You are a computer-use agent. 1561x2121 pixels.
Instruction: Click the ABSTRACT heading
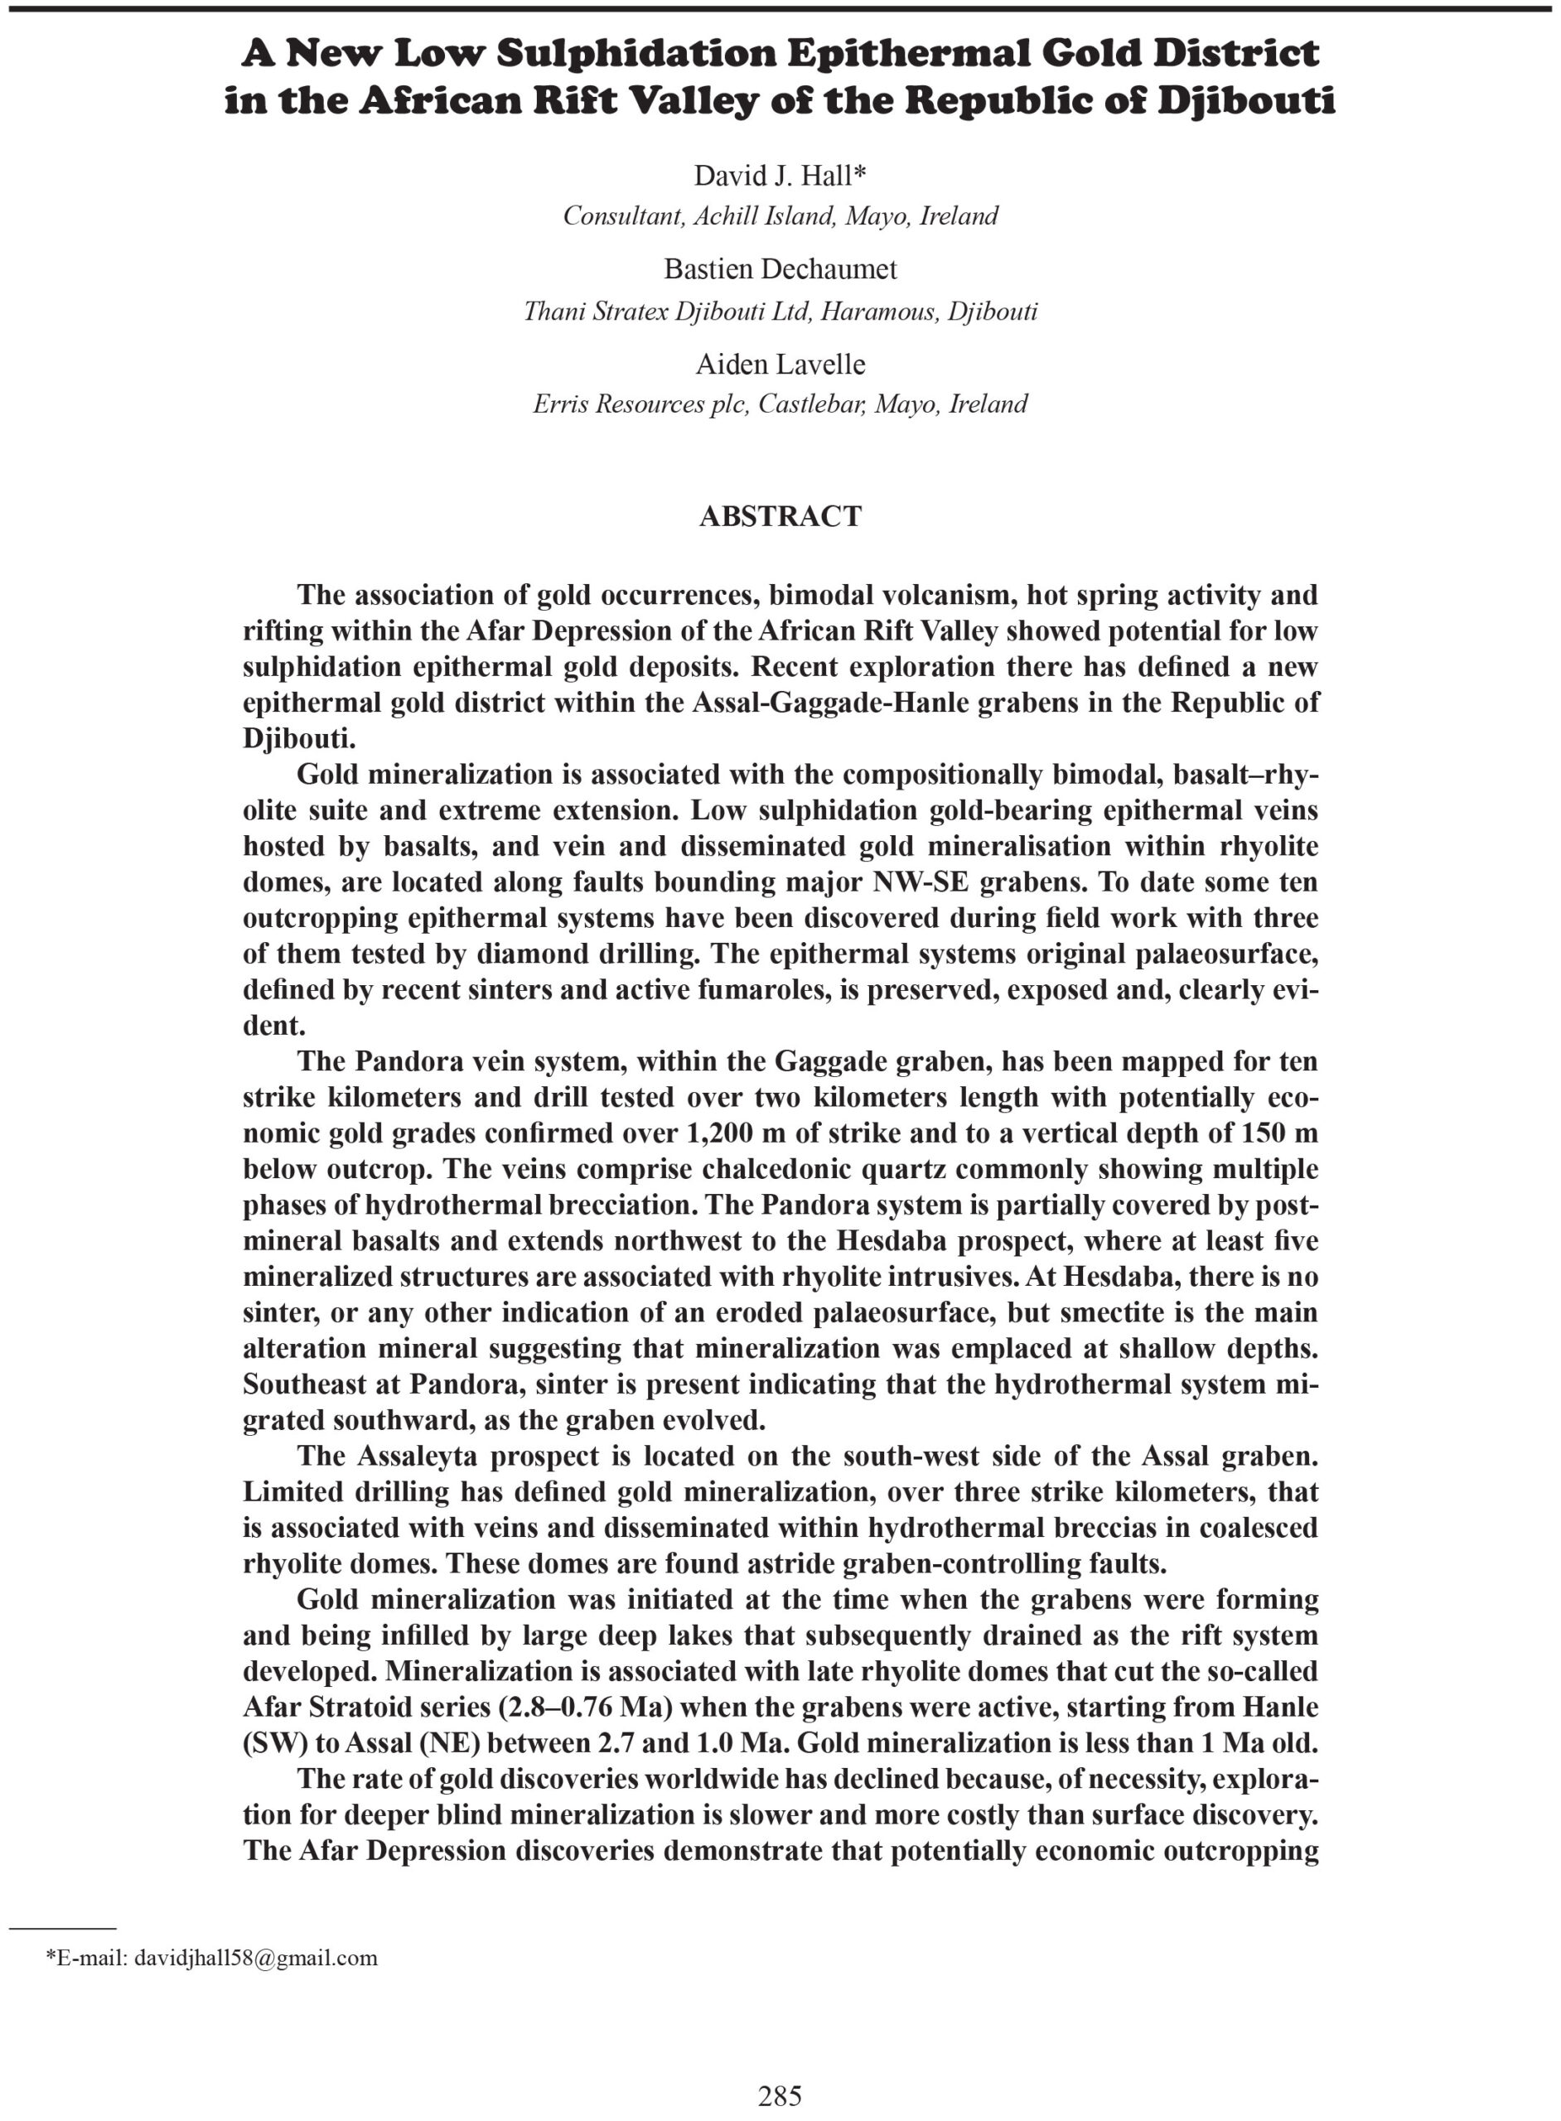[780, 516]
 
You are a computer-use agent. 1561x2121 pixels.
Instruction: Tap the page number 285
[780, 2095]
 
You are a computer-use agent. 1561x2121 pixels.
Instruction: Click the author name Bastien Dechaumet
[780, 269]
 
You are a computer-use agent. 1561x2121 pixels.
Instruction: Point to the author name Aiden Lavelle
[780, 364]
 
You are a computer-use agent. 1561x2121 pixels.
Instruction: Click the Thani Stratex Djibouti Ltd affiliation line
[780, 311]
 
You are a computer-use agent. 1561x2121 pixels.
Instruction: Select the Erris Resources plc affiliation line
[780, 404]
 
